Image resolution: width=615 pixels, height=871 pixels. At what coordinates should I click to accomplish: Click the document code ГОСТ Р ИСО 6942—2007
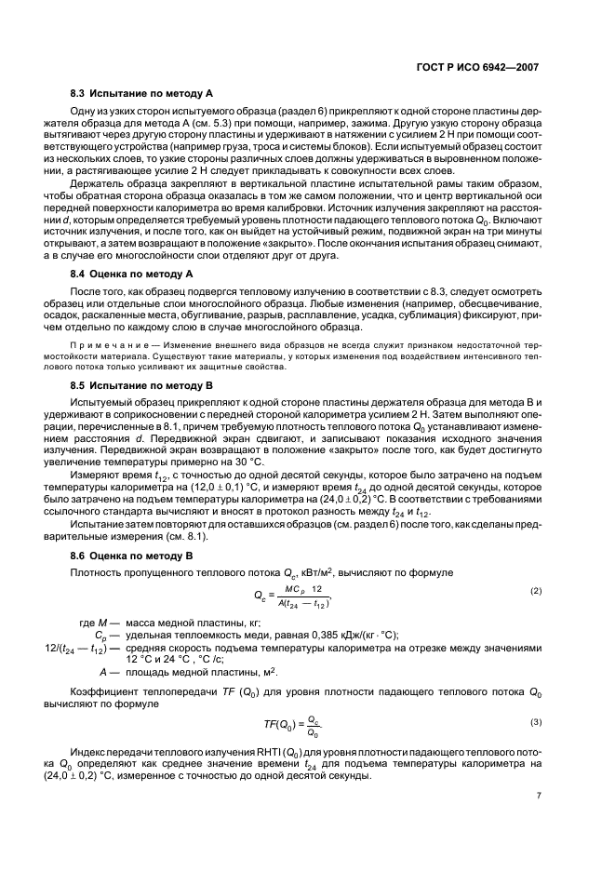click(x=483, y=68)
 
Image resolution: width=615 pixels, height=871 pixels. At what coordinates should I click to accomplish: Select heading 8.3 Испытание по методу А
click(x=143, y=94)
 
